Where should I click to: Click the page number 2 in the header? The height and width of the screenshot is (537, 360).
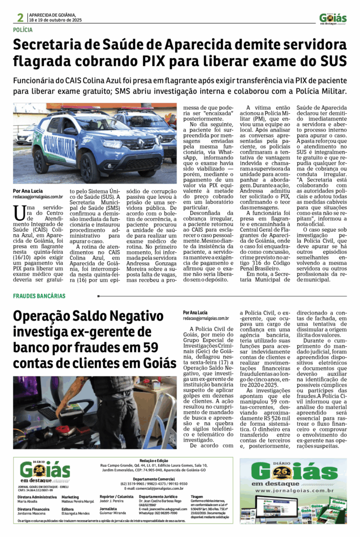[20, 17]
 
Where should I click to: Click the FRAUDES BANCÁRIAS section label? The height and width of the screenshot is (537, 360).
[39, 296]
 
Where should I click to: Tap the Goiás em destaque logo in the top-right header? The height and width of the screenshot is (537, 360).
[332, 19]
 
